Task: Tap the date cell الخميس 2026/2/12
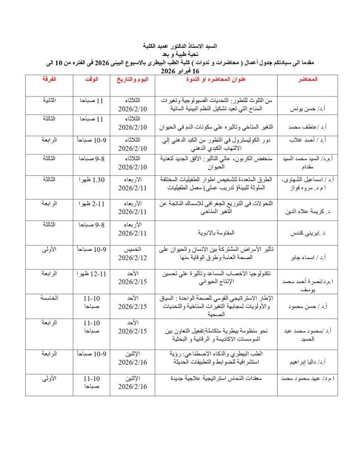click(132, 253)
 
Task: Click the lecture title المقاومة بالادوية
click(216, 233)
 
